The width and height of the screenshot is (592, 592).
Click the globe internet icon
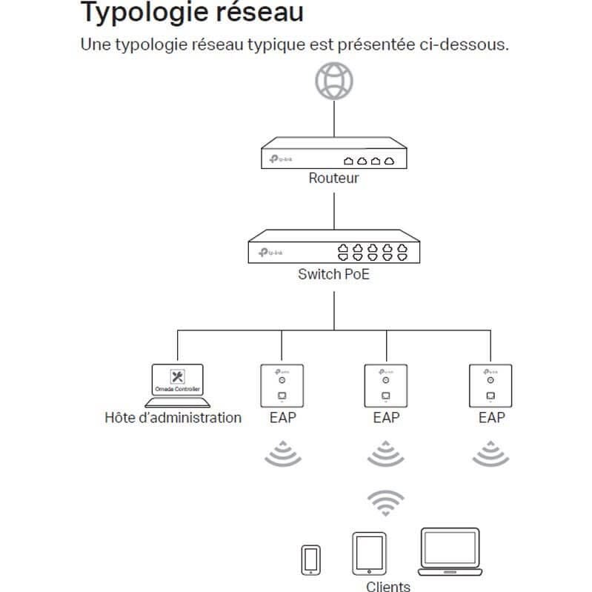click(x=333, y=80)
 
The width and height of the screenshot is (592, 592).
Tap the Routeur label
click(x=333, y=179)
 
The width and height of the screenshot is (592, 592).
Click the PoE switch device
click(x=333, y=247)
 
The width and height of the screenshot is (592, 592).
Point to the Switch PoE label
click(x=333, y=274)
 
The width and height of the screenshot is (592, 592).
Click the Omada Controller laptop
click(x=177, y=385)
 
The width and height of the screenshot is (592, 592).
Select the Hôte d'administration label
click(x=173, y=418)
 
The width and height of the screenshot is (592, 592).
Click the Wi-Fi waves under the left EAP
click(x=282, y=453)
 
